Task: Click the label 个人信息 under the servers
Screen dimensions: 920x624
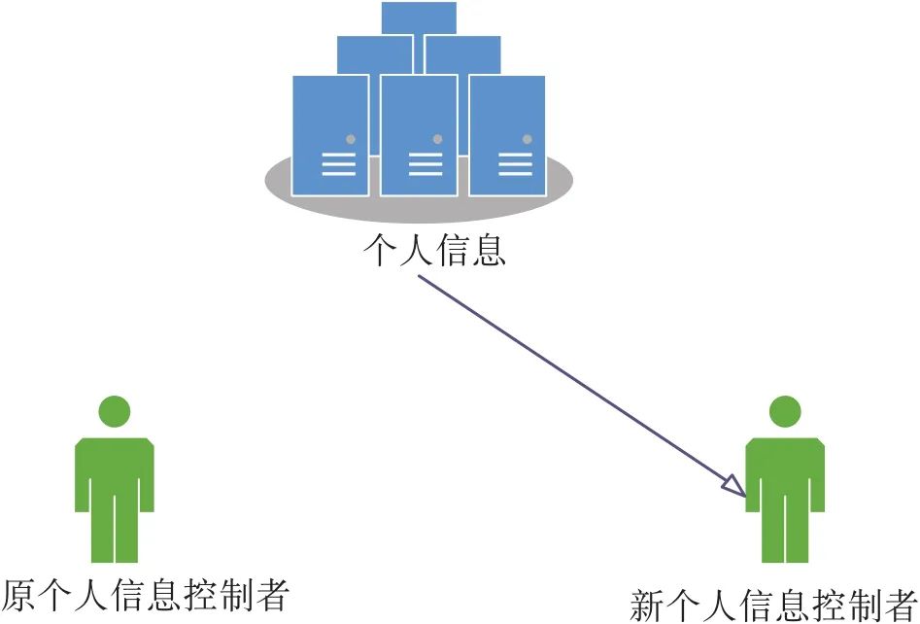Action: tap(434, 251)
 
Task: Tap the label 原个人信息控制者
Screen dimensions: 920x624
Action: tap(147, 596)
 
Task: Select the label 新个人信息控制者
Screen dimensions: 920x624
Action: tap(774, 606)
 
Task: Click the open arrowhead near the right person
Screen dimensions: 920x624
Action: tap(735, 487)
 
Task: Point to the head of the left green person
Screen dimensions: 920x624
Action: tap(115, 411)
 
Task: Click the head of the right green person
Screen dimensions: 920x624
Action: tap(785, 411)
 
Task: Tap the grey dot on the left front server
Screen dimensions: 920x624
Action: tap(351, 139)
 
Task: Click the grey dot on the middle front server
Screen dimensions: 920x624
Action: tap(437, 139)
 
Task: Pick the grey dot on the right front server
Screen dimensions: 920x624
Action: tap(527, 139)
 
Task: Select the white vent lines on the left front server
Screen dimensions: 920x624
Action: tap(338, 164)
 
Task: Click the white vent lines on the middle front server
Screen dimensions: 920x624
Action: tap(426, 164)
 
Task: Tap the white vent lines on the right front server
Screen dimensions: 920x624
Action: tap(515, 164)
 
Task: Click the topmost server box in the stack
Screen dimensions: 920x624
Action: tap(419, 17)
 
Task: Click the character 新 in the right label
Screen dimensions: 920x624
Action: tap(648, 606)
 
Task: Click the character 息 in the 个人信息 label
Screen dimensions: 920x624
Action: tap(488, 251)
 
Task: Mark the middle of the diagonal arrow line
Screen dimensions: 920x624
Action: tap(582, 386)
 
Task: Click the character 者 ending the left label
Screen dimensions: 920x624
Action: tap(272, 596)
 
